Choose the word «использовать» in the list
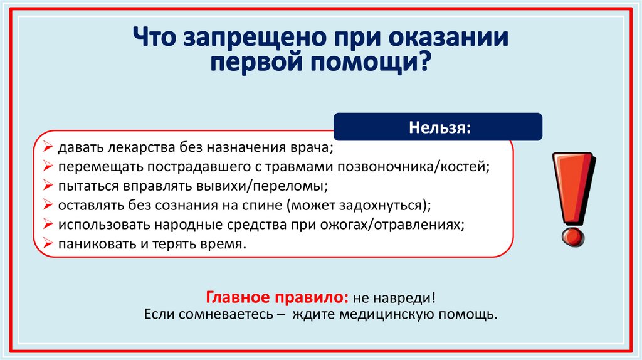tap(103, 225)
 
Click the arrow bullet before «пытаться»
tap(48, 186)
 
